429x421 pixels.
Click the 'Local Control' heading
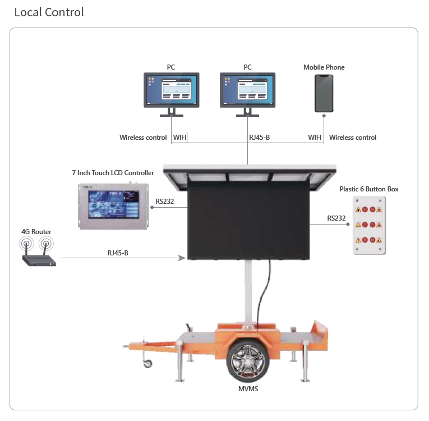[x=49, y=12]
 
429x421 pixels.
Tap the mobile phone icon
[x=324, y=93]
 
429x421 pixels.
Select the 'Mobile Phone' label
[x=324, y=67]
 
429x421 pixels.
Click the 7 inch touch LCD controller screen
[x=114, y=205]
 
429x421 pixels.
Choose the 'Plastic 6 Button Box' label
[x=369, y=189]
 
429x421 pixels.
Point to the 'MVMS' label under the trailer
[x=247, y=388]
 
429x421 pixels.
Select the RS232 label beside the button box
[x=338, y=218]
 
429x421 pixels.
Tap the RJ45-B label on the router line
[x=118, y=253]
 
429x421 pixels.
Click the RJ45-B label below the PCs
[x=260, y=138]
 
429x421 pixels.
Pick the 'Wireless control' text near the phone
[x=353, y=138]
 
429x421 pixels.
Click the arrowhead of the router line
[x=183, y=258]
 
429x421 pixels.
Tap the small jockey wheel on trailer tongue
[x=148, y=363]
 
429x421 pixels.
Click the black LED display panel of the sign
[x=248, y=222]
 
